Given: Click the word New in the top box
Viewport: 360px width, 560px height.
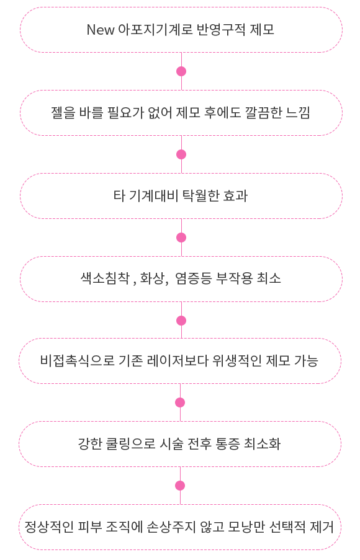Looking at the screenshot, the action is coord(101,30).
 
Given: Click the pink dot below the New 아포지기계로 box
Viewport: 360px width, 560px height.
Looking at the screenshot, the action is coord(181,71).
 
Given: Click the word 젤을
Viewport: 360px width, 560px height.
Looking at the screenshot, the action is coord(63,113).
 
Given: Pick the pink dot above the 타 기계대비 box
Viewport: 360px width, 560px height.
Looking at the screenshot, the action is coord(181,154).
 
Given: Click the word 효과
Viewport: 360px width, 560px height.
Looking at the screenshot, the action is coord(235,196).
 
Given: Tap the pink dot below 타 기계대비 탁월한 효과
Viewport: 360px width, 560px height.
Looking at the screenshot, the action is coord(181,238).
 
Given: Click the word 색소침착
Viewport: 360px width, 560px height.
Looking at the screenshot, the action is coord(105,278).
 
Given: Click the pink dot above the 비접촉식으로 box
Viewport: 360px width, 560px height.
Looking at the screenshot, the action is coord(181,321).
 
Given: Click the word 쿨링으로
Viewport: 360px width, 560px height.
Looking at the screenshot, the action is coord(131,444).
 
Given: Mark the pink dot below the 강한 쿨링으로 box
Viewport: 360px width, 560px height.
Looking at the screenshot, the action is coord(180,486).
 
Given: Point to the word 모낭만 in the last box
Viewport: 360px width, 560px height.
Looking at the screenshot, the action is coord(246,527).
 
